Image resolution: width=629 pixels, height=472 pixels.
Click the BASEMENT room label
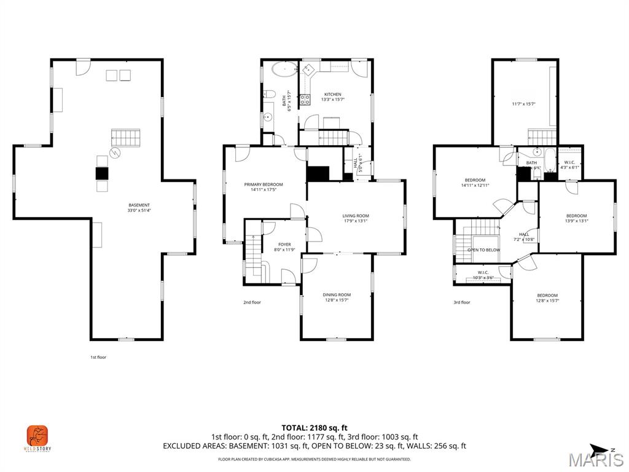(x=139, y=205)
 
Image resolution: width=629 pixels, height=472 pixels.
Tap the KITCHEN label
(x=333, y=95)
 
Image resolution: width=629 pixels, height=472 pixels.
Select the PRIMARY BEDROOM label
(x=263, y=184)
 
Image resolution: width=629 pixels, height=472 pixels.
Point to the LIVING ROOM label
(x=356, y=216)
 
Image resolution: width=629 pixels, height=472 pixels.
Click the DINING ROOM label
(x=337, y=295)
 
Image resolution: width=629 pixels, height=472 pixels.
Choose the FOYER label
(x=284, y=245)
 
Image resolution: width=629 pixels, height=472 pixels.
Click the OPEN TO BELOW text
(x=483, y=250)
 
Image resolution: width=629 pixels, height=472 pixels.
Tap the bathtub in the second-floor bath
(x=283, y=69)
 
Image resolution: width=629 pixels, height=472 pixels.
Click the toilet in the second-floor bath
(x=269, y=94)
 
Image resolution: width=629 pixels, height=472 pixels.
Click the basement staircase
(x=125, y=138)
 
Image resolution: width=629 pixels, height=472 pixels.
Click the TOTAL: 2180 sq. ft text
(x=314, y=428)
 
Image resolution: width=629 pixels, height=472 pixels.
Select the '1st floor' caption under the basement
(x=98, y=357)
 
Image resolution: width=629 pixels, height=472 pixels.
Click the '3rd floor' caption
(x=462, y=302)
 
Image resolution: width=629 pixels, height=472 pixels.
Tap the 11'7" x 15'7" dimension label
(x=523, y=104)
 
